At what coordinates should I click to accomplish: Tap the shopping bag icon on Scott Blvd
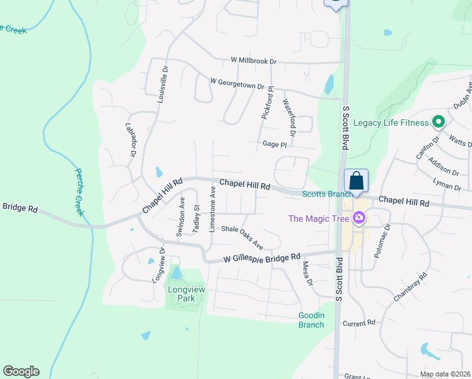click(x=356, y=179)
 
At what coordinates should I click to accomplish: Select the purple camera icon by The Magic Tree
click(x=359, y=219)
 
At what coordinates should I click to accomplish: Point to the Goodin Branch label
click(x=311, y=320)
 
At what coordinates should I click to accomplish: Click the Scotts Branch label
click(x=322, y=194)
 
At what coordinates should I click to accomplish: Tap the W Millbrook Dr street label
click(x=254, y=61)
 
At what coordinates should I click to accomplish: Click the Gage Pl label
click(x=274, y=145)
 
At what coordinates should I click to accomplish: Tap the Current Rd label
click(x=359, y=323)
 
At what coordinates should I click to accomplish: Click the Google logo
click(x=21, y=371)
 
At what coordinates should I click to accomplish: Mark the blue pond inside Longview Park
click(x=176, y=274)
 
